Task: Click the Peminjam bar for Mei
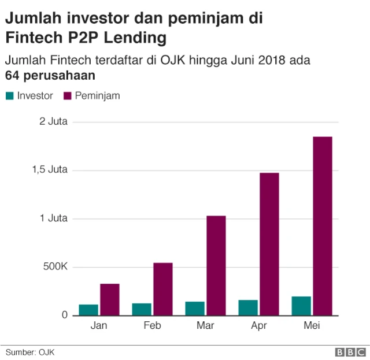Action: pos(323,226)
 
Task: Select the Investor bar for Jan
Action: pos(88,310)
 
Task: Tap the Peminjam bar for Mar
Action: pos(216,265)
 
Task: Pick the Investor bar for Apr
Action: pos(248,307)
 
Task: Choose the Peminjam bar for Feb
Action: pos(163,289)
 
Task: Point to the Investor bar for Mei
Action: pos(301,306)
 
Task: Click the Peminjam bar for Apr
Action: pos(269,244)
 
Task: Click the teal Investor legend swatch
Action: pos(10,96)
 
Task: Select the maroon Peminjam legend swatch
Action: pos(66,96)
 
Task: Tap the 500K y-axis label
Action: pos(55,267)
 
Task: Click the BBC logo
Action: pos(349,352)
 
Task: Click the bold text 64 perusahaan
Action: pos(51,76)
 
